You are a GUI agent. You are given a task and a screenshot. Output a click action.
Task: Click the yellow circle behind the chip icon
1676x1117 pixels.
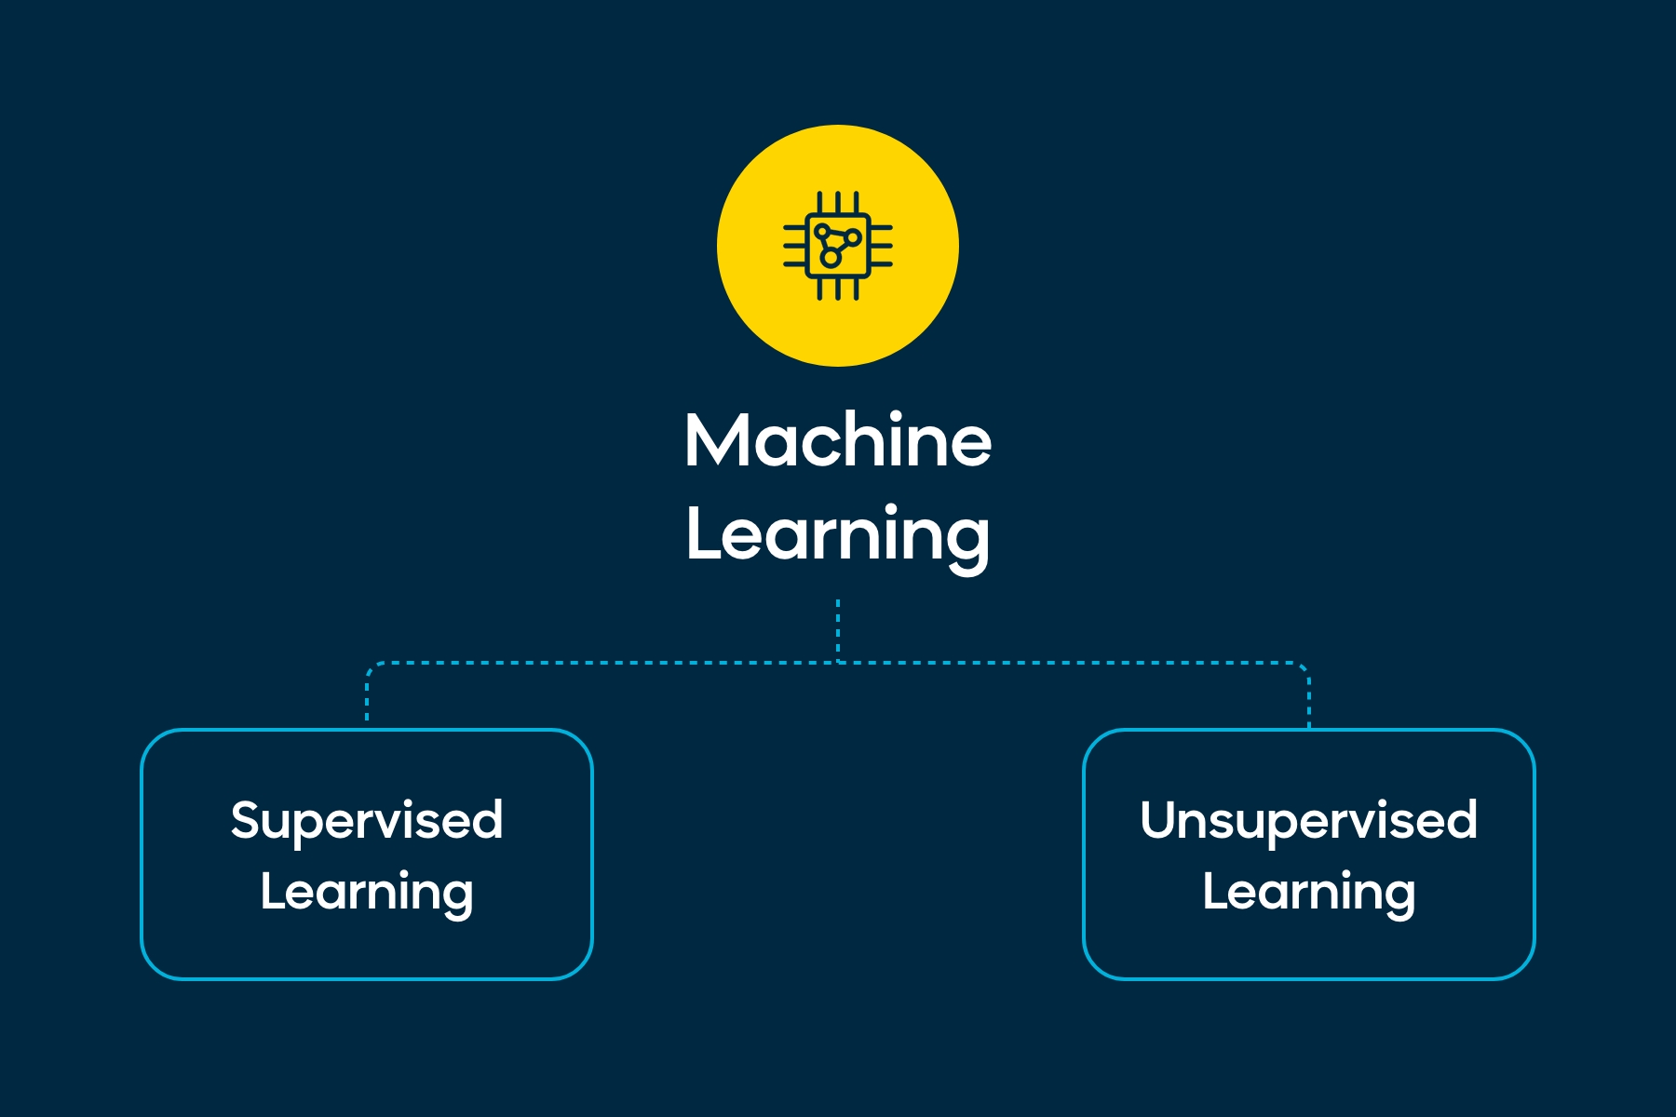pyautogui.click(x=838, y=246)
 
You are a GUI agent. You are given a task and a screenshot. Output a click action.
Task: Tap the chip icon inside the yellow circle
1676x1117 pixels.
pyautogui.click(x=838, y=246)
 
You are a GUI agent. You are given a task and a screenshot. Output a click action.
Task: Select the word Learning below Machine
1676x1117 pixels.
pyautogui.click(x=838, y=536)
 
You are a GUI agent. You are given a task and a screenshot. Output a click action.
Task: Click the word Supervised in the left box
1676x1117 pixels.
pyautogui.click(x=367, y=822)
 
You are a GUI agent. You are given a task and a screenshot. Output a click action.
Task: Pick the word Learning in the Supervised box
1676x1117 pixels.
pyautogui.click(x=367, y=894)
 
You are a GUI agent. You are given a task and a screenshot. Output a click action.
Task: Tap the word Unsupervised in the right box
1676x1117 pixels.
pyautogui.click(x=1309, y=822)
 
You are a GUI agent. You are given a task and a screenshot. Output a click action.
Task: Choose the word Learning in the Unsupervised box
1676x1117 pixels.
pyautogui.click(x=1309, y=894)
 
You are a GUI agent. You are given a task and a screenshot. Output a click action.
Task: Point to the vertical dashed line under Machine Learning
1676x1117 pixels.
pyautogui.click(x=838, y=630)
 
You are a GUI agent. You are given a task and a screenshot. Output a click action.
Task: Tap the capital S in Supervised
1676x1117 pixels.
pyautogui.click(x=248, y=820)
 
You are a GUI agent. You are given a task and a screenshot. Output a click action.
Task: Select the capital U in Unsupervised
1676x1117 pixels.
pyautogui.click(x=1160, y=820)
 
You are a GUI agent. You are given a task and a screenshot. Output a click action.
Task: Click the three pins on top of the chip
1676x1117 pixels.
pyautogui.click(x=838, y=203)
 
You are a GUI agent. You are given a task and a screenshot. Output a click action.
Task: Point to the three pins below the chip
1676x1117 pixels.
pyautogui.click(x=838, y=289)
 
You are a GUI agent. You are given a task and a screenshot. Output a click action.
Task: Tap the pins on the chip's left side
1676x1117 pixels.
pyautogui.click(x=795, y=246)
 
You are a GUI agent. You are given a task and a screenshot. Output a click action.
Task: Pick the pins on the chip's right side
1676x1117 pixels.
pyautogui.click(x=881, y=246)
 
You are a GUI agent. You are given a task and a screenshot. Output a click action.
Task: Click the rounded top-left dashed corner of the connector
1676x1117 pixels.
pyautogui.click(x=372, y=668)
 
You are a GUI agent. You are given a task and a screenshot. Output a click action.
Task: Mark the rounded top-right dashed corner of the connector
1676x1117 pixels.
pyautogui.click(x=1304, y=668)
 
